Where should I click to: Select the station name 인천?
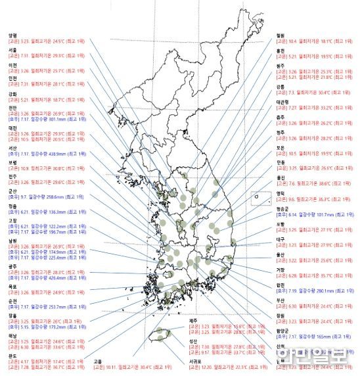(x=12, y=78)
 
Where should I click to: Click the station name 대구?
(x=281, y=240)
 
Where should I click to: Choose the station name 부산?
(x=281, y=301)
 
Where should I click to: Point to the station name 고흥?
(x=98, y=360)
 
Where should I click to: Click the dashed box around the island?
(x=261, y=199)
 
